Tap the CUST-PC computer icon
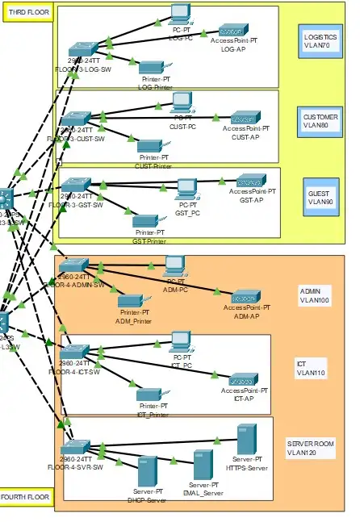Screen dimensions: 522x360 tap(182, 102)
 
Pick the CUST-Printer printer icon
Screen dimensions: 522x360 tap(149, 146)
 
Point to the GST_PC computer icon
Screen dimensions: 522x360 tap(187, 189)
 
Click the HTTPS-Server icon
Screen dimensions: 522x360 tap(246, 440)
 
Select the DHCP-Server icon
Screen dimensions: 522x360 tap(147, 471)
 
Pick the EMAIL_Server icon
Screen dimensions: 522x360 tap(202, 465)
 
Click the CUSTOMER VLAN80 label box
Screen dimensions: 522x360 tap(320, 122)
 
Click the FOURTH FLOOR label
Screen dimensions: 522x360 tap(24, 497)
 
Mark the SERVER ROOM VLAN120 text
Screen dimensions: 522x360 tap(311, 449)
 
